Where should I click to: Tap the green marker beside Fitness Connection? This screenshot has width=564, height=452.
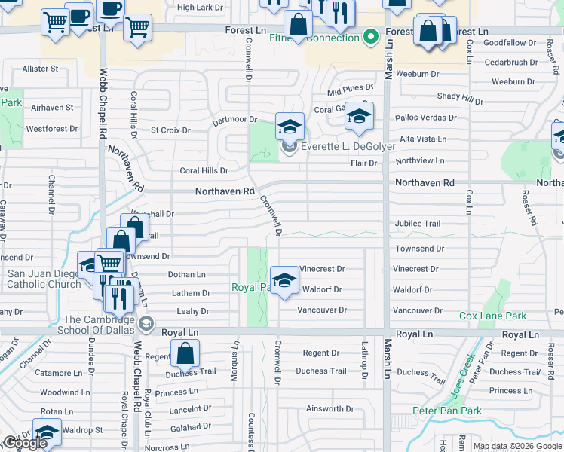370,36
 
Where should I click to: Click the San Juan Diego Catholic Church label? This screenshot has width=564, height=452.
44,279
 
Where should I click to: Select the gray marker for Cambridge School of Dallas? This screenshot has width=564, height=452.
146,325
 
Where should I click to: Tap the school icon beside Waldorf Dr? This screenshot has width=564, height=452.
284,281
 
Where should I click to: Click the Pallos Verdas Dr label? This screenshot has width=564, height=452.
426,118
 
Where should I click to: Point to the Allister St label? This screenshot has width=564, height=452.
40,69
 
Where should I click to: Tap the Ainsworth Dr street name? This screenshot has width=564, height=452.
326,409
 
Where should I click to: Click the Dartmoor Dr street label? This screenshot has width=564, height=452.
234,119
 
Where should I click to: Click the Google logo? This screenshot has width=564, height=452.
24,443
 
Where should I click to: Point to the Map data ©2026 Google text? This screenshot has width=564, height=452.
517,446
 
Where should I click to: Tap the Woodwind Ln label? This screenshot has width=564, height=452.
65,392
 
